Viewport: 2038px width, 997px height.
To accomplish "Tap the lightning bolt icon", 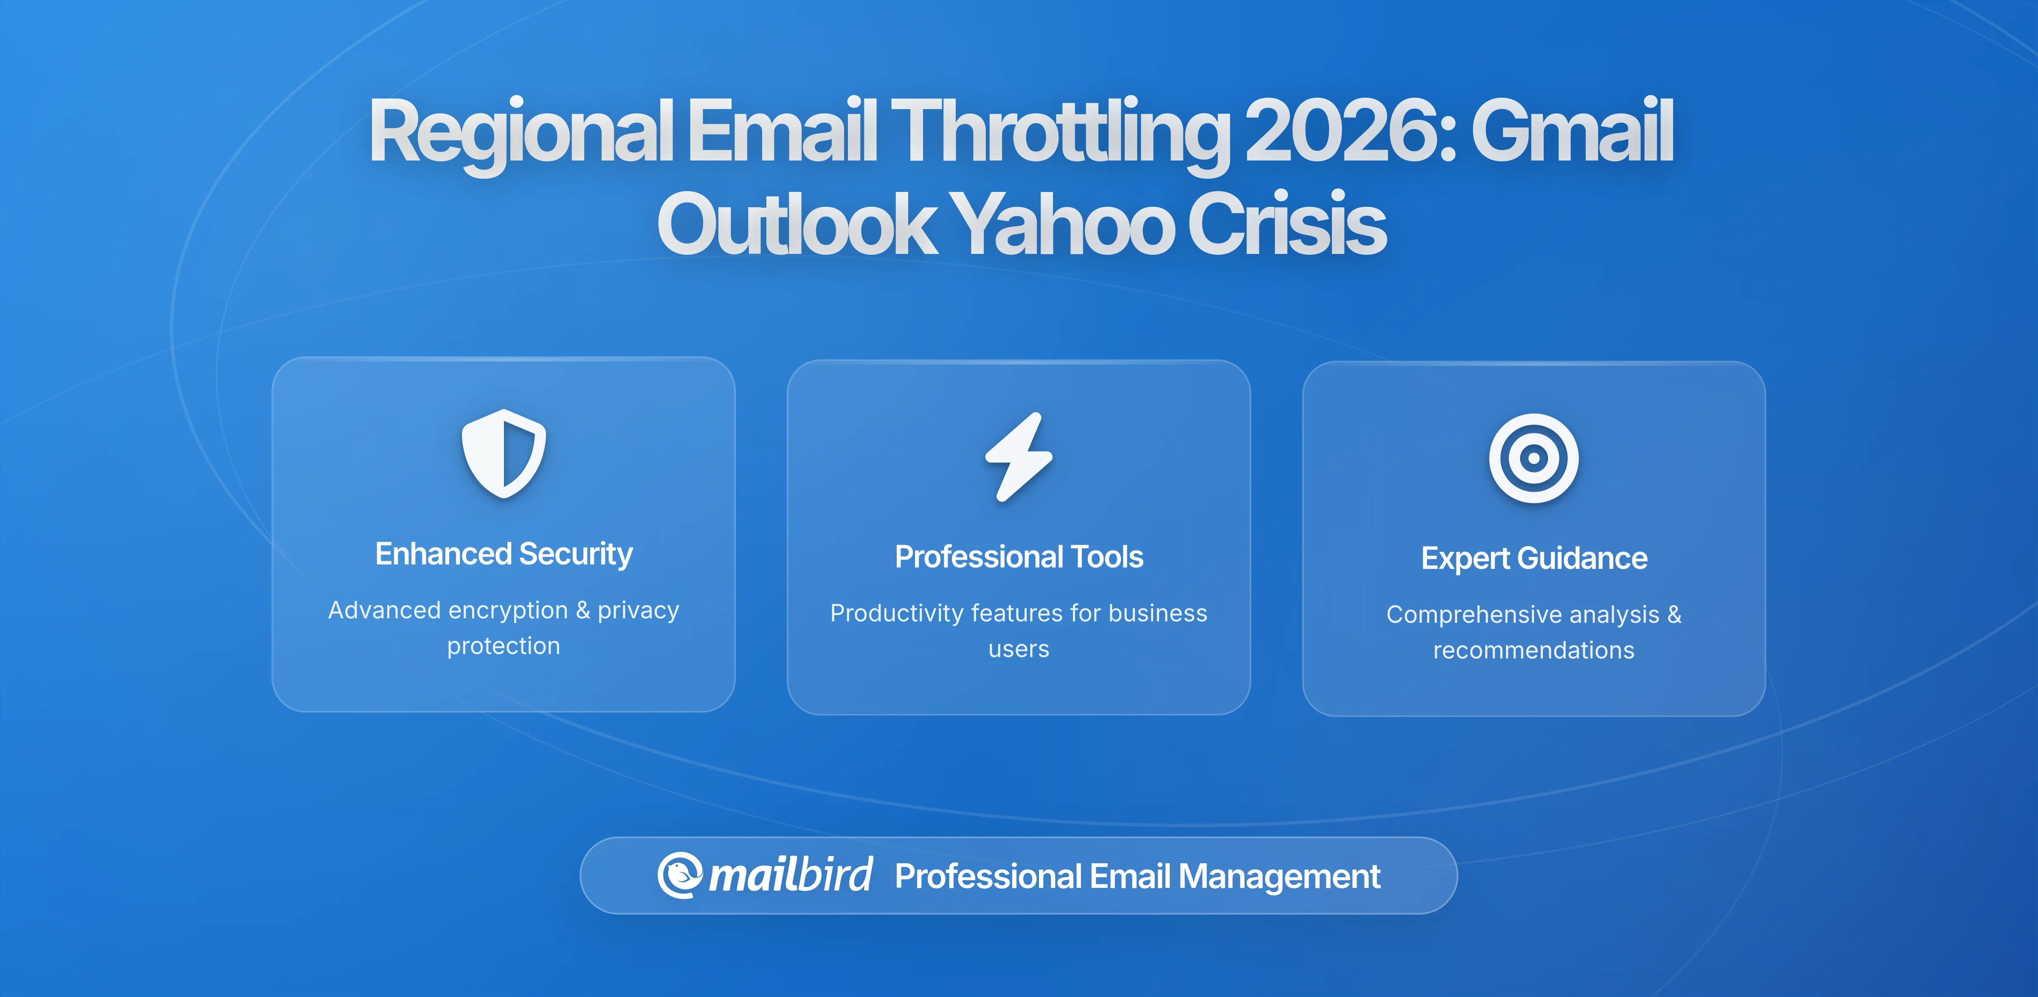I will click(x=1019, y=456).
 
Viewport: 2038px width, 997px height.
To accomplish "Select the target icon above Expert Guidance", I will click(x=1533, y=458).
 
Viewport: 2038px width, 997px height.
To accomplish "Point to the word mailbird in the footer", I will click(x=790, y=875).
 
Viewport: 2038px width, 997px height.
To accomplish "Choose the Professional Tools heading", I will click(x=1019, y=557).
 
